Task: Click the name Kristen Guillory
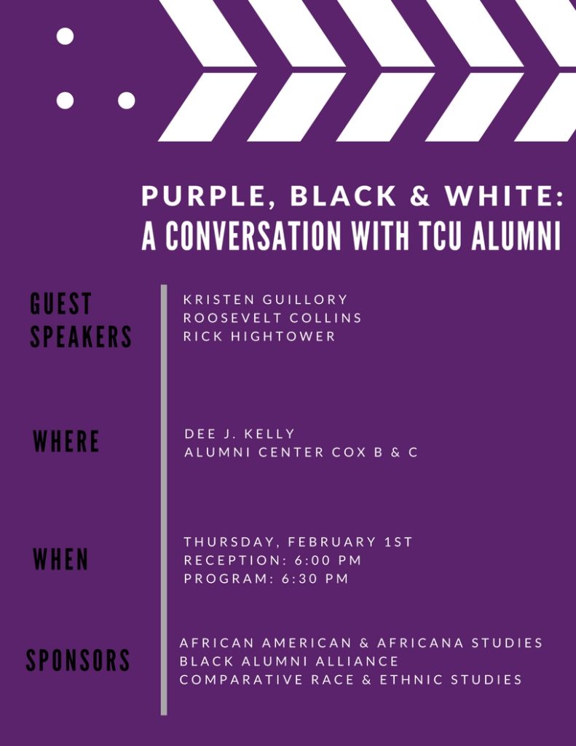(266, 299)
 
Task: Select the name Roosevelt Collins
(272, 318)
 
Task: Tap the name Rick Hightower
(260, 336)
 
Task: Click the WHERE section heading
(66, 442)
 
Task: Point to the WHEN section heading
(61, 560)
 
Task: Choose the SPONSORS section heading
(78, 661)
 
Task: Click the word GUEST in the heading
(61, 304)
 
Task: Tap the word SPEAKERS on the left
(81, 337)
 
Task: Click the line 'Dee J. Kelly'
(240, 433)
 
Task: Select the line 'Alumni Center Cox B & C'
(301, 452)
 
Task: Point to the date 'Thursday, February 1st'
(298, 542)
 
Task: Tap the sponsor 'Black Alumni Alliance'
(289, 661)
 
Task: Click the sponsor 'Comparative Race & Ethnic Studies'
(350, 680)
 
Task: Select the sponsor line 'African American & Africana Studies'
(361, 643)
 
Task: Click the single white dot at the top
(65, 36)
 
